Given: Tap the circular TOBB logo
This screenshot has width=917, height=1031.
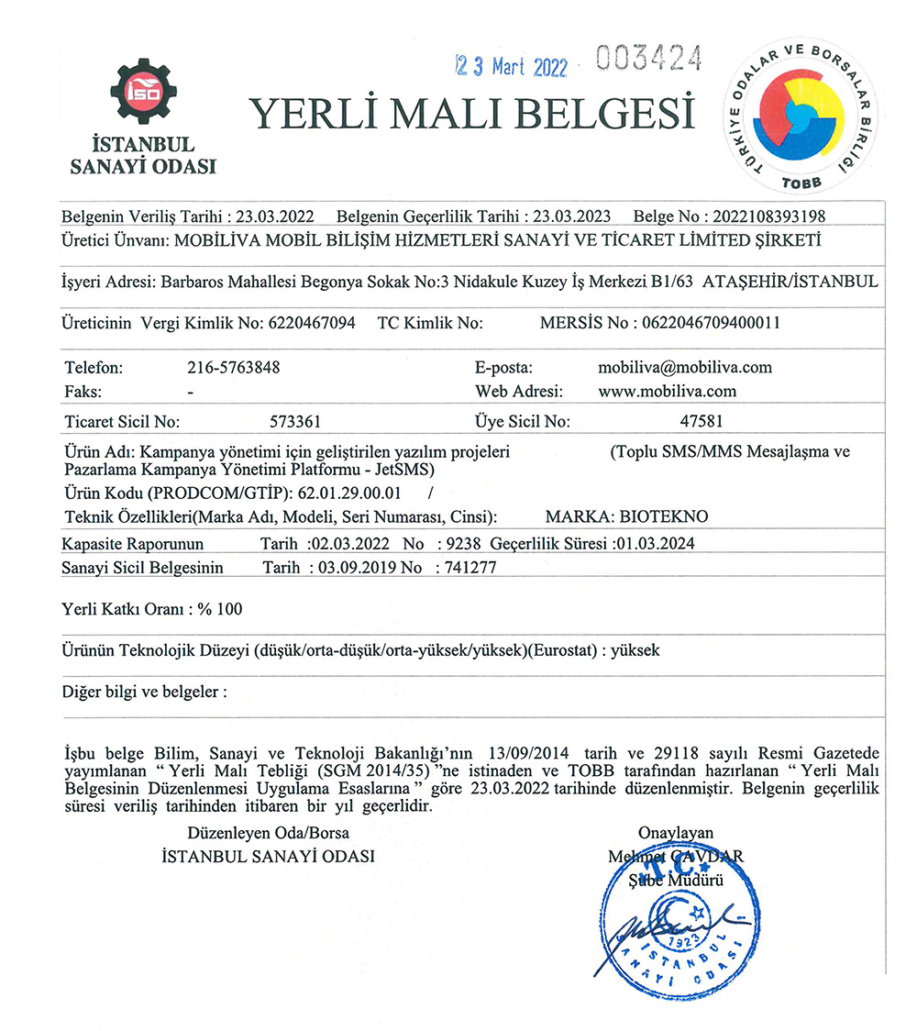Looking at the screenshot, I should click(801, 115).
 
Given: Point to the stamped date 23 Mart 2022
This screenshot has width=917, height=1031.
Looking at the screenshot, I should click(512, 66).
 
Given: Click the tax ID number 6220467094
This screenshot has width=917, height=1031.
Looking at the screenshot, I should click(312, 324).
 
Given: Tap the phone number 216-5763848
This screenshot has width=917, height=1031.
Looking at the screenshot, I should click(233, 368).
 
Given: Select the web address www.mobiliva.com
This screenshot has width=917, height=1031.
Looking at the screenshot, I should click(654, 391).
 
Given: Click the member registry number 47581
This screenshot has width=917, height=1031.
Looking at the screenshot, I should click(698, 422).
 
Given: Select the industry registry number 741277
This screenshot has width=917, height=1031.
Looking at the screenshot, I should click(470, 568).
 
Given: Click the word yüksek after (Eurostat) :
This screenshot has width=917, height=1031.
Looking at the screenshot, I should click(635, 649).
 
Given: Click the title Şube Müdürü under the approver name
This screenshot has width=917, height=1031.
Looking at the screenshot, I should click(676, 881).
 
